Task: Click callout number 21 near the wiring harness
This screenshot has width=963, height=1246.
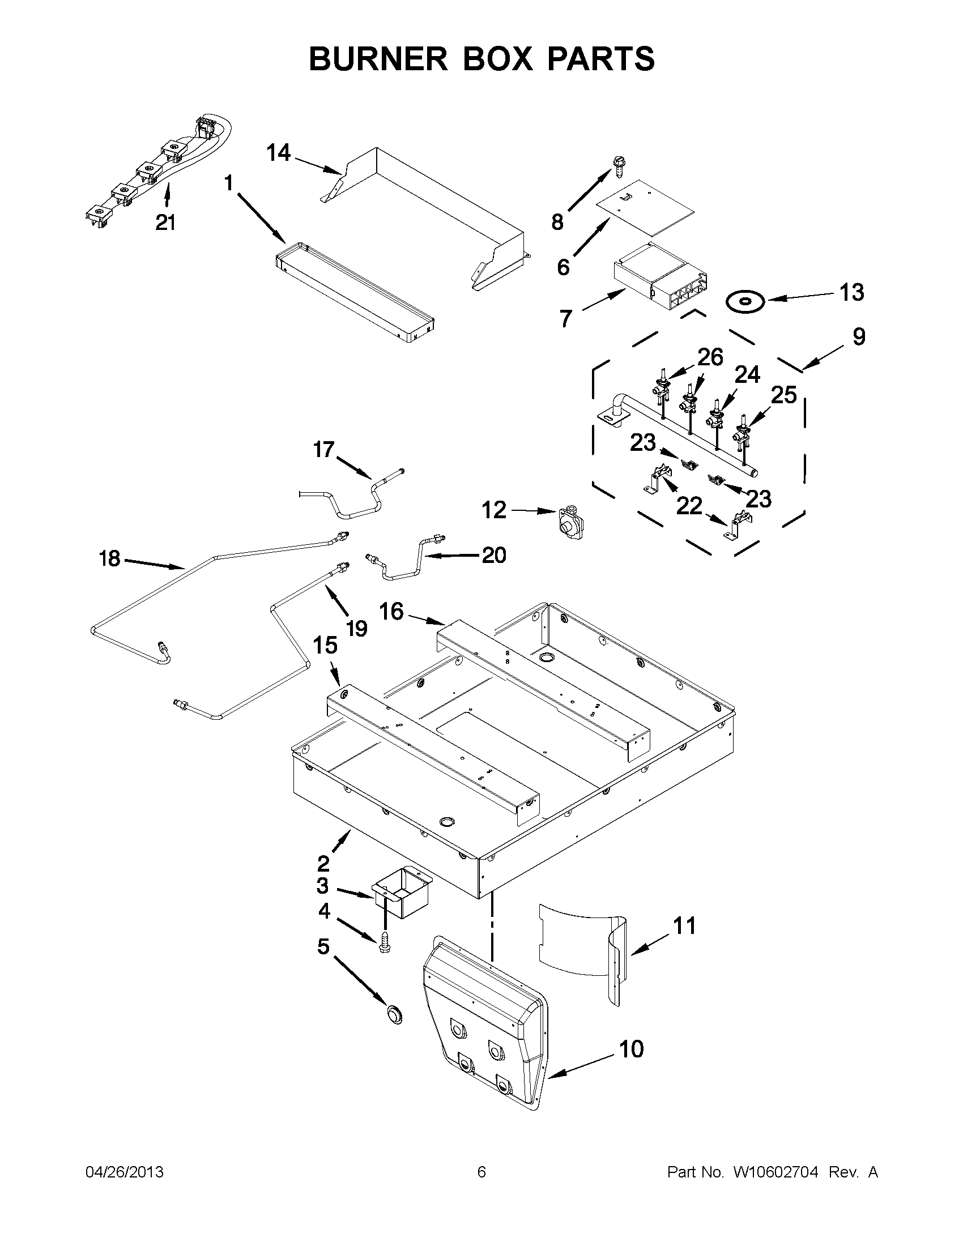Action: pyautogui.click(x=165, y=223)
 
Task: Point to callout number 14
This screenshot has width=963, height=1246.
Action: pyautogui.click(x=279, y=153)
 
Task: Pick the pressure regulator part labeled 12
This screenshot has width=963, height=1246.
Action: pyautogui.click(x=567, y=520)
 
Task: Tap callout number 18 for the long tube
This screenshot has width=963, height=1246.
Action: pyautogui.click(x=109, y=558)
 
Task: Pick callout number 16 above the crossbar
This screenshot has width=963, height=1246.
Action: pyautogui.click(x=391, y=612)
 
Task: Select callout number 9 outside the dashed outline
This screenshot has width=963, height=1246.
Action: pyautogui.click(x=859, y=336)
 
